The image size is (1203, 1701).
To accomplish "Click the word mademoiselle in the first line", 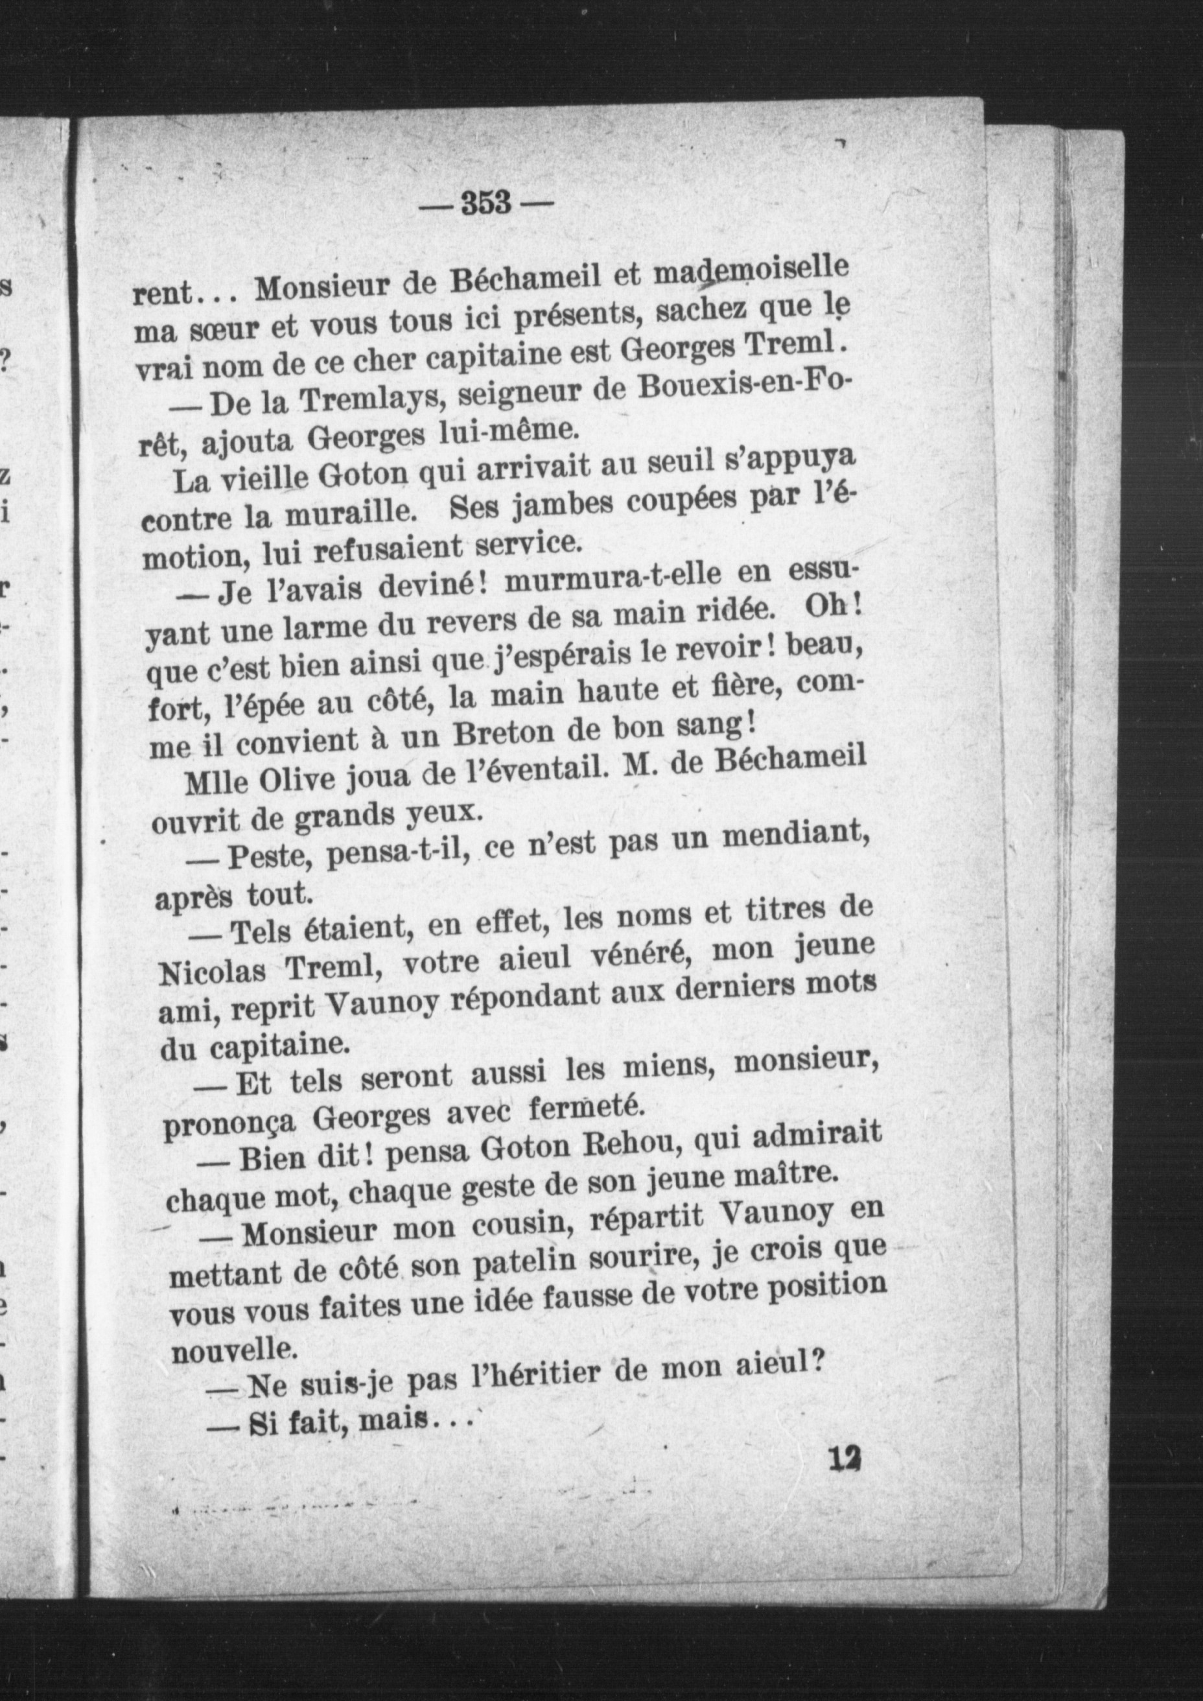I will coord(751,275).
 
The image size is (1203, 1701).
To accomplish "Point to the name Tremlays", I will coord(369,400).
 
